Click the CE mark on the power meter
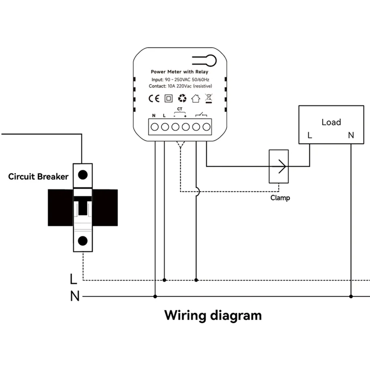coord(154,98)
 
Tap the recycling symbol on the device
coord(182,98)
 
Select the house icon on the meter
coord(196,98)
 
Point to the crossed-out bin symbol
coord(208,98)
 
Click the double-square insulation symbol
coord(168,98)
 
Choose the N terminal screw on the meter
coord(155,126)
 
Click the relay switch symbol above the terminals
coord(201,114)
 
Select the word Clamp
coord(280,198)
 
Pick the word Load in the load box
coord(331,122)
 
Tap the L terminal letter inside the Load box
coord(310,136)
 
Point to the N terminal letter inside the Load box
coord(351,136)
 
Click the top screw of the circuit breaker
coord(83,175)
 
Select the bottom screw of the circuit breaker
coord(83,240)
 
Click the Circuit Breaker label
coord(38,177)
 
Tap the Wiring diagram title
coord(213,316)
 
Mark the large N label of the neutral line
coord(74,296)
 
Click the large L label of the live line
coord(73,279)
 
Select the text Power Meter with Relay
coord(180,72)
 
